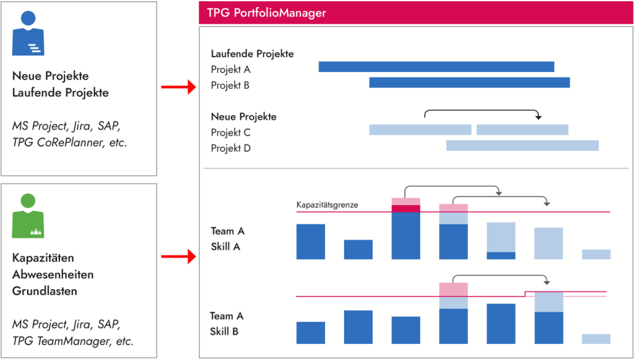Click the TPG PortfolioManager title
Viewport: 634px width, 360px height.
click(x=266, y=13)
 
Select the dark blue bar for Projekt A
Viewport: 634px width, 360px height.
click(x=436, y=67)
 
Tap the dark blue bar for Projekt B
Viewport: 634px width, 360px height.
click(x=469, y=82)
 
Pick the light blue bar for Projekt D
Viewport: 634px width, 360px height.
click(x=522, y=146)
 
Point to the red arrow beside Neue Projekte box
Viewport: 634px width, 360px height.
click(x=178, y=88)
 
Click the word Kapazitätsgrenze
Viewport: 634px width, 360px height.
click(x=328, y=205)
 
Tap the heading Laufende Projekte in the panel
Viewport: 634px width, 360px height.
click(x=252, y=54)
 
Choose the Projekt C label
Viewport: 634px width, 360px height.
click(x=231, y=132)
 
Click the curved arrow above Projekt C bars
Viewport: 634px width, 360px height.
click(x=482, y=112)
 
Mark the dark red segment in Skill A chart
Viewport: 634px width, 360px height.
click(x=406, y=208)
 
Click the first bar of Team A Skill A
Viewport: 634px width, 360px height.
click(x=311, y=242)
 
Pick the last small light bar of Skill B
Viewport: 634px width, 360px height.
click(x=596, y=339)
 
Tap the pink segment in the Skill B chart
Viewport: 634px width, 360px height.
click(x=453, y=289)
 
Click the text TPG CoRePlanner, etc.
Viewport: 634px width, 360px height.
click(x=69, y=142)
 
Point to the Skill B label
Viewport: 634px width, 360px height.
click(x=225, y=331)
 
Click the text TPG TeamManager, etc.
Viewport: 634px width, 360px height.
click(x=72, y=340)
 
